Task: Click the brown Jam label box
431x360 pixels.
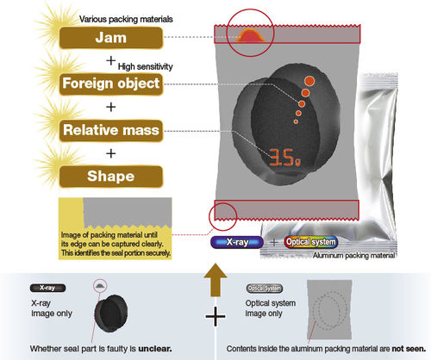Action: coord(111,38)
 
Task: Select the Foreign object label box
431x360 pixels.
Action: coord(111,84)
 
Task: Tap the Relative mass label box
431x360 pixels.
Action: coord(111,131)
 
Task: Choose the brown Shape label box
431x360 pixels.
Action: coord(111,177)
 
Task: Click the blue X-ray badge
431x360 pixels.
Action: coord(237,242)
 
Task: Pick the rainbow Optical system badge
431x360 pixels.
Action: coord(311,242)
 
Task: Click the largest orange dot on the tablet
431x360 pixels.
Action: coord(309,81)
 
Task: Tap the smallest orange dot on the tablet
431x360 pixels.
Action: coord(296,121)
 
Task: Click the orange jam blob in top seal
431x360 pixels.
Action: coord(251,35)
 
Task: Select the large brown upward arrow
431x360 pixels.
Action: coord(215,280)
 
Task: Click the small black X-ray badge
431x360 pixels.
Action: coord(47,288)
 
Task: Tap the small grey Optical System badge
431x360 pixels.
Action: coord(265,289)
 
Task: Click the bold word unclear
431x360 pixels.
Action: coord(155,349)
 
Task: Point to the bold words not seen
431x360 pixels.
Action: coord(409,349)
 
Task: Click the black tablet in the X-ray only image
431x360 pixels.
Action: coord(111,314)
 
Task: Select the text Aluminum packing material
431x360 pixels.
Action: coord(353,256)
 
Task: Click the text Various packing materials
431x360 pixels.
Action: coord(126,19)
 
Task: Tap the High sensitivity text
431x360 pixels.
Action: coord(146,66)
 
